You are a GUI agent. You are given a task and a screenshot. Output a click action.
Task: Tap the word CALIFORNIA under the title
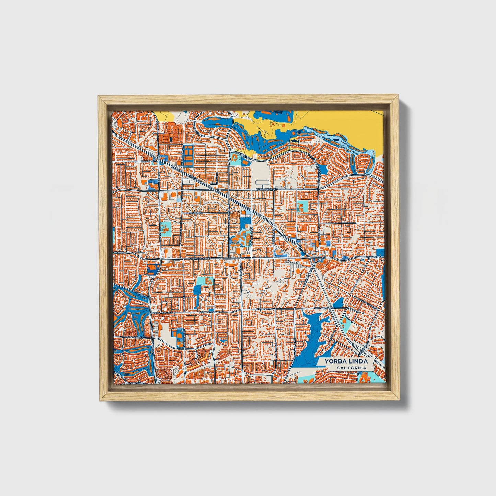[x=351, y=368]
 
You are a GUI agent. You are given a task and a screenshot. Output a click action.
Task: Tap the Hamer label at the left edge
[x=119, y=252]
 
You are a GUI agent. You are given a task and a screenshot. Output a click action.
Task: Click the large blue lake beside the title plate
[x=309, y=340]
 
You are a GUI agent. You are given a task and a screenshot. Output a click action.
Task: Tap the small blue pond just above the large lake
[x=338, y=303]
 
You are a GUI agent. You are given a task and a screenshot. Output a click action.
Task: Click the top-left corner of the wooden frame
[x=99, y=97]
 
